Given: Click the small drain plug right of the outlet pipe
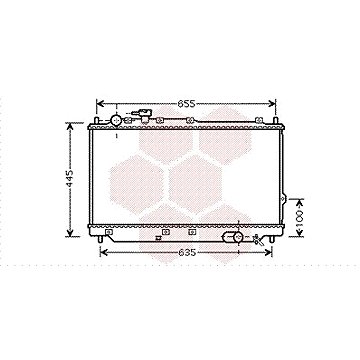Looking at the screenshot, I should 258,239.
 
